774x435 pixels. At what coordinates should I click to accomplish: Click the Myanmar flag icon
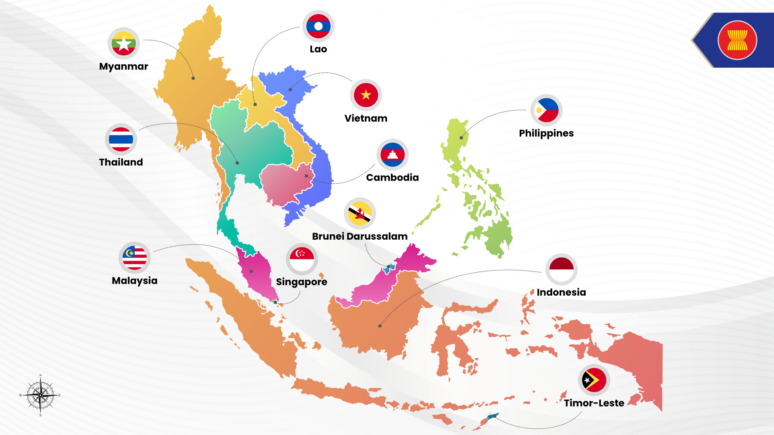pyautogui.click(x=124, y=43)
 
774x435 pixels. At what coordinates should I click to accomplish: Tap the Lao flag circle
pyautogui.click(x=318, y=26)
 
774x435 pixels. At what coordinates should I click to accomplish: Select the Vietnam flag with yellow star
pyautogui.click(x=366, y=95)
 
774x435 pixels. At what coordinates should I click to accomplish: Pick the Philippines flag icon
pyautogui.click(x=547, y=110)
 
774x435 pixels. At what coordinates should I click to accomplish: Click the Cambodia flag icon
pyautogui.click(x=393, y=155)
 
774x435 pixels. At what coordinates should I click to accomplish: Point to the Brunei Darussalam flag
pyautogui.click(x=360, y=213)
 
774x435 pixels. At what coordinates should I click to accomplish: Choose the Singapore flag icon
pyautogui.click(x=302, y=259)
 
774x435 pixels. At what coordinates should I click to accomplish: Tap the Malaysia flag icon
pyautogui.click(x=135, y=258)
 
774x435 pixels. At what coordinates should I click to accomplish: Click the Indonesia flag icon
pyautogui.click(x=562, y=269)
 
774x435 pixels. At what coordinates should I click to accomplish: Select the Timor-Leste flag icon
pyautogui.click(x=594, y=380)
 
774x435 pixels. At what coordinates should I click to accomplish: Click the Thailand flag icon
pyautogui.click(x=121, y=139)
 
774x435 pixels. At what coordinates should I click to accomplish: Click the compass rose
pyautogui.click(x=40, y=395)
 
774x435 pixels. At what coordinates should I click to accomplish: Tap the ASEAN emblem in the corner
pyautogui.click(x=737, y=40)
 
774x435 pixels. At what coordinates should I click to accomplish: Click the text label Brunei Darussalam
pyautogui.click(x=360, y=236)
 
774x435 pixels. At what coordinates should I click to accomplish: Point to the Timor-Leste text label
pyautogui.click(x=594, y=403)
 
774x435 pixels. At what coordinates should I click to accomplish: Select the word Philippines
pyautogui.click(x=546, y=133)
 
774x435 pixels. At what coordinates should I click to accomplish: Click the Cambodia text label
pyautogui.click(x=392, y=178)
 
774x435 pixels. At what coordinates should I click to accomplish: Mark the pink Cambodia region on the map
pyautogui.click(x=284, y=183)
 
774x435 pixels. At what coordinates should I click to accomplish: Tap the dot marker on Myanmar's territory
pyautogui.click(x=193, y=78)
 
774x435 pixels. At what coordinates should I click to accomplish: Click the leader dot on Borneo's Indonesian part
pyautogui.click(x=380, y=326)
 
